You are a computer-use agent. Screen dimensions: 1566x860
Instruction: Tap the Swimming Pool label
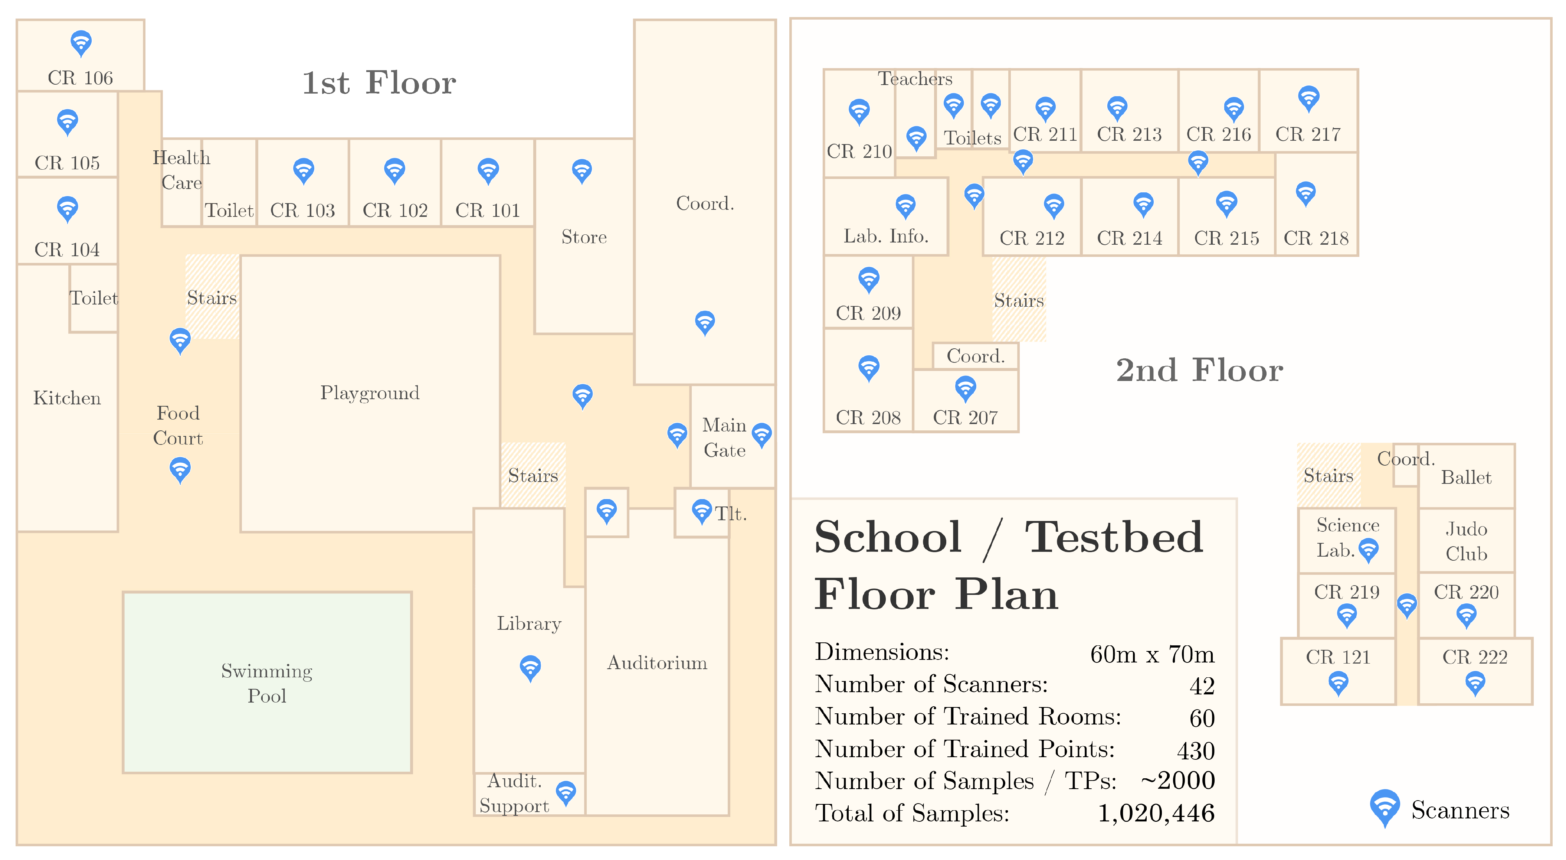[x=267, y=683]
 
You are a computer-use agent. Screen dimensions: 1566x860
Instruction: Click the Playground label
[x=370, y=393]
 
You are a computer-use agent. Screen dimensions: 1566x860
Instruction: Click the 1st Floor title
[x=379, y=83]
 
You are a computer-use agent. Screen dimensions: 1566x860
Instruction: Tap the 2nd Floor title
[x=1199, y=370]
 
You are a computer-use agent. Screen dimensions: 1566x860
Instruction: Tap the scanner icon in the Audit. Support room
[x=566, y=793]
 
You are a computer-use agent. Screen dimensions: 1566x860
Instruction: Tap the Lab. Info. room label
[x=886, y=236]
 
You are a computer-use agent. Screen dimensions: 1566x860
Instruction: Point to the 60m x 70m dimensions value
[x=1152, y=654]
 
